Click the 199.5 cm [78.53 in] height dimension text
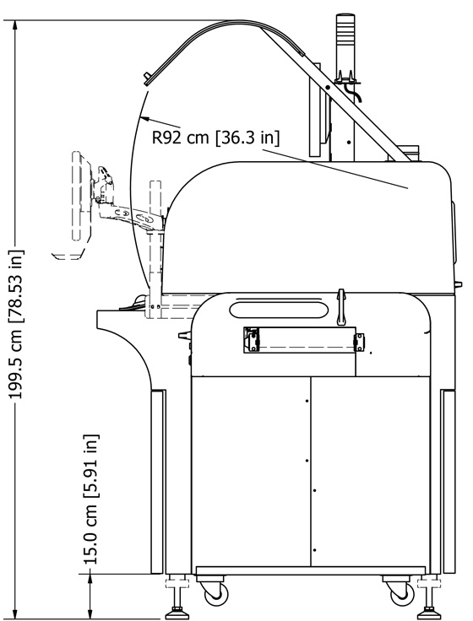16,324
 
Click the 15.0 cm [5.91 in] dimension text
90,499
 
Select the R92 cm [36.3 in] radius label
215,138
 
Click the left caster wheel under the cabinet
216,594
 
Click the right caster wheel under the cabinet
402,594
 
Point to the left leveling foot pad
177,614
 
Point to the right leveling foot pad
429,614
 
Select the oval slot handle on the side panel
279,310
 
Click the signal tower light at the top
345,46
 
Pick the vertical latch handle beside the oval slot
341,307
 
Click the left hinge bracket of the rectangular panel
252,339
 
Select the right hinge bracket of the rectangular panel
359,343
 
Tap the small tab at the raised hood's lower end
147,78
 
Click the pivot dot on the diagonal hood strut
328,87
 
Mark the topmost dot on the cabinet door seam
307,401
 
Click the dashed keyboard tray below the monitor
68,255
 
